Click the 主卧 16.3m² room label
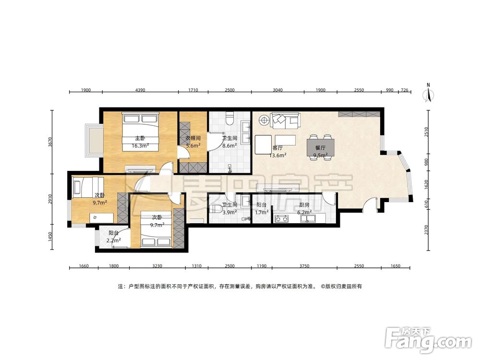[x=141, y=142]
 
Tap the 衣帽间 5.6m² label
[x=193, y=142]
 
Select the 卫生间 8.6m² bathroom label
[x=229, y=142]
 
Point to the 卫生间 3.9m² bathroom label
[x=229, y=208]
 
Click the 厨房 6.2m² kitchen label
[x=304, y=208]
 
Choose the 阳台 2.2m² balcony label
[x=114, y=237]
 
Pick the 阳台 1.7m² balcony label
[x=262, y=208]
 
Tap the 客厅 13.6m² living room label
[x=277, y=152]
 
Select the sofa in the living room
[x=285, y=121]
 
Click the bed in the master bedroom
[x=141, y=132]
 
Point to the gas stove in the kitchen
[x=281, y=219]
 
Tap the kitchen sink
[x=308, y=218]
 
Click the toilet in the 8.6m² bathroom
[x=229, y=118]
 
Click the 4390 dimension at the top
[x=140, y=90]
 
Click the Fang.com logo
[x=428, y=340]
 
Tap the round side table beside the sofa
[x=263, y=120]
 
